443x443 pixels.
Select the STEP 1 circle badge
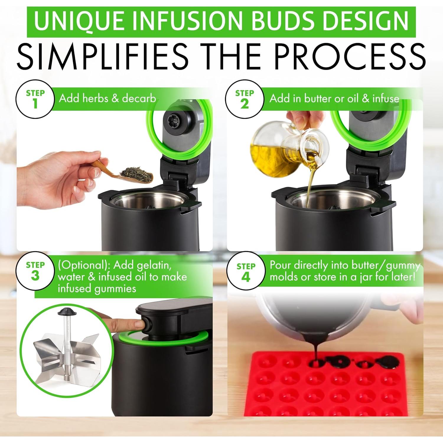click(x=35, y=99)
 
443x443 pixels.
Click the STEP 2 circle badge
click(x=245, y=99)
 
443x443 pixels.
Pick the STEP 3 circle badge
click(x=35, y=271)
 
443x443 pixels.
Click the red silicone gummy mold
click(x=325, y=390)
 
